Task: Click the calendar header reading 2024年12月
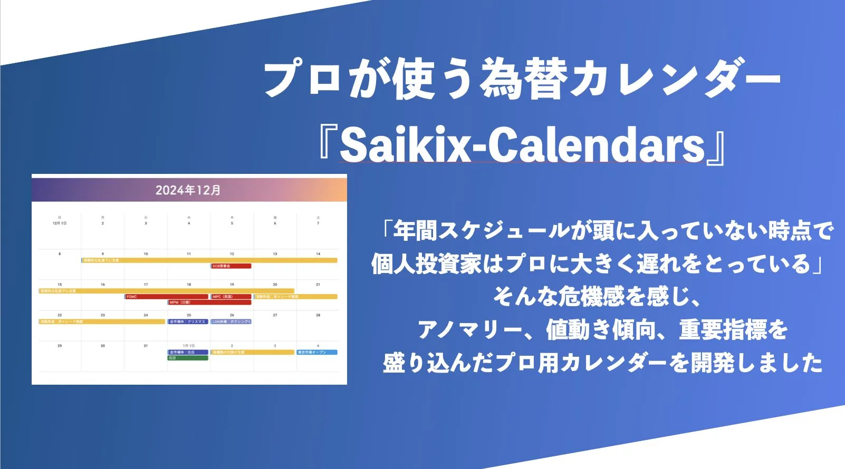click(188, 190)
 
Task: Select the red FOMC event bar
click(166, 297)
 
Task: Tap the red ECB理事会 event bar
click(231, 266)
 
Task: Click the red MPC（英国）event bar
click(231, 297)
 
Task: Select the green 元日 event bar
click(188, 358)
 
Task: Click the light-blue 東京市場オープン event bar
click(316, 352)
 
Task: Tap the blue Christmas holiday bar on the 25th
click(188, 321)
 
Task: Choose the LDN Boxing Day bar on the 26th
click(231, 321)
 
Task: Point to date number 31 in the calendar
click(146, 346)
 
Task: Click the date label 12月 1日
click(60, 223)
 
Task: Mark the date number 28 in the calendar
click(318, 315)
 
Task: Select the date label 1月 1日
click(189, 346)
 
